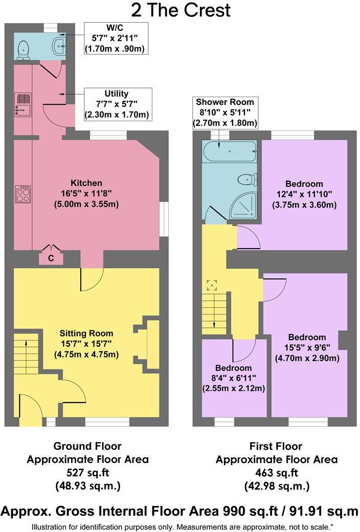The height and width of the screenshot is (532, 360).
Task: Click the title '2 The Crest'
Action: (180, 10)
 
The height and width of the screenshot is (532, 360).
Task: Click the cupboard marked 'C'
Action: (51, 258)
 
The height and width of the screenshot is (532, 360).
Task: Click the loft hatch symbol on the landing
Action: (212, 284)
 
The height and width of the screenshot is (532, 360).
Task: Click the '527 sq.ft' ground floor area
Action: (87, 473)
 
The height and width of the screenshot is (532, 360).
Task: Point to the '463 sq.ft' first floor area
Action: (276, 473)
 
